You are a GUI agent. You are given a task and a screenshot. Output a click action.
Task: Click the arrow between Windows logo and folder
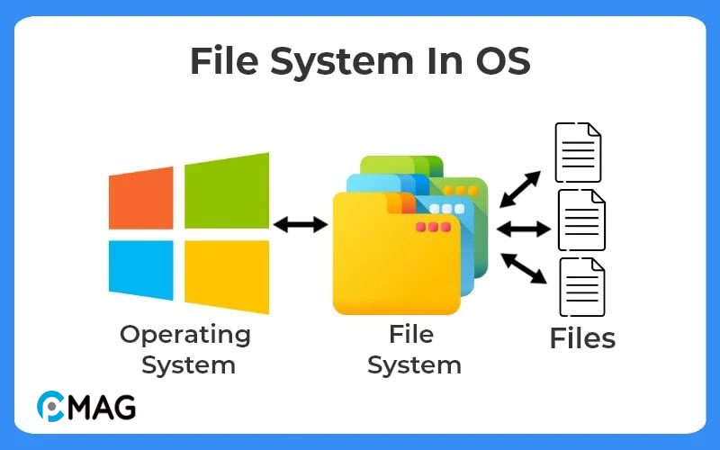[301, 224]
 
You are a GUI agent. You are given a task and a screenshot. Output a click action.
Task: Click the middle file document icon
[581, 220]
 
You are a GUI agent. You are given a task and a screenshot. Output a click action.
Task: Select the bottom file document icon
[581, 286]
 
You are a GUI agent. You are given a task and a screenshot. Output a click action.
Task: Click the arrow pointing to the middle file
[523, 229]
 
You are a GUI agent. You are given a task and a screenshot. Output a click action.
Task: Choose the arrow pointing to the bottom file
[523, 267]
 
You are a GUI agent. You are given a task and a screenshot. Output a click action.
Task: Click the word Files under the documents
[582, 338]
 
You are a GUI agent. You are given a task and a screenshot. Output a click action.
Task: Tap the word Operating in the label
[185, 336]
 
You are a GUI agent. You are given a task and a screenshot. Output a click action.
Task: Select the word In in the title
[433, 61]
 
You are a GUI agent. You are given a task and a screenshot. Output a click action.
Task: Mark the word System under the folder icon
[414, 364]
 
